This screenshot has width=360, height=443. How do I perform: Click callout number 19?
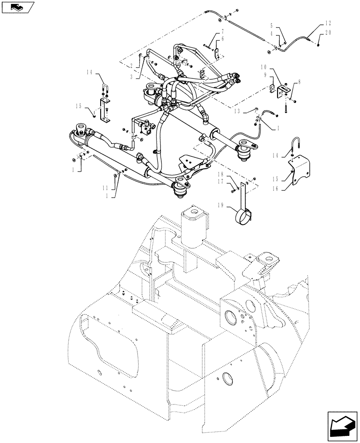click(220, 205)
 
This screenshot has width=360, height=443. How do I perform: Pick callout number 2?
click(131, 66)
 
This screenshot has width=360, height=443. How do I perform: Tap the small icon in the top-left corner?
click(18, 7)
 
